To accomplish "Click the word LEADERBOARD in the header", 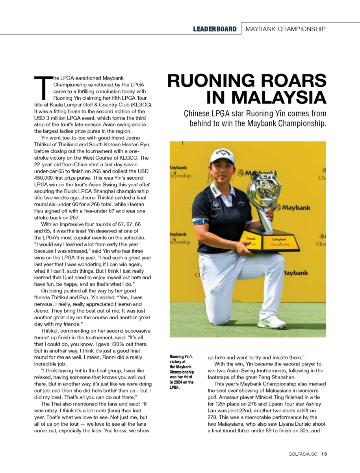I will coord(215,29).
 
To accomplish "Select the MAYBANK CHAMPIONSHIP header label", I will coord(285,29).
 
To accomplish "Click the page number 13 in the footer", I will coord(324,454).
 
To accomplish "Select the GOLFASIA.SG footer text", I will coord(303,454).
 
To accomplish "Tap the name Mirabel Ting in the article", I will coord(299,397).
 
